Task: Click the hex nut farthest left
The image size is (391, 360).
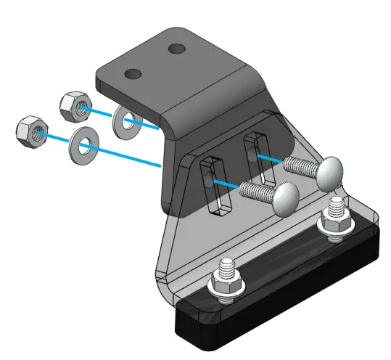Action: point(30,129)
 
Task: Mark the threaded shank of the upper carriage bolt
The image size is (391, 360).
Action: point(297,165)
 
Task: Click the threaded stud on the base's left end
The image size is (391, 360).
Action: point(227,271)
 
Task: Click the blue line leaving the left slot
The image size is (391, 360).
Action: point(224,183)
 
